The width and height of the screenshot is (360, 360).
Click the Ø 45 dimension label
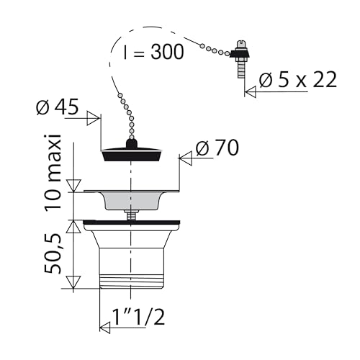pyautogui.click(x=58, y=107)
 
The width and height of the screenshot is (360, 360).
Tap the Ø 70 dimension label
pyautogui.click(x=217, y=148)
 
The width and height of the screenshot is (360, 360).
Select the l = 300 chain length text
pyautogui.click(x=154, y=52)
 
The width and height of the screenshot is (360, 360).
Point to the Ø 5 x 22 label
pyautogui.click(x=298, y=79)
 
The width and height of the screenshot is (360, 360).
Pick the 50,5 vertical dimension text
pyautogui.click(x=53, y=253)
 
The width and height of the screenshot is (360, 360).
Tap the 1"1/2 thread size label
pyautogui.click(x=139, y=317)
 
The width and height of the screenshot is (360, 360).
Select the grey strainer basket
pyautogui.click(x=132, y=199)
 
